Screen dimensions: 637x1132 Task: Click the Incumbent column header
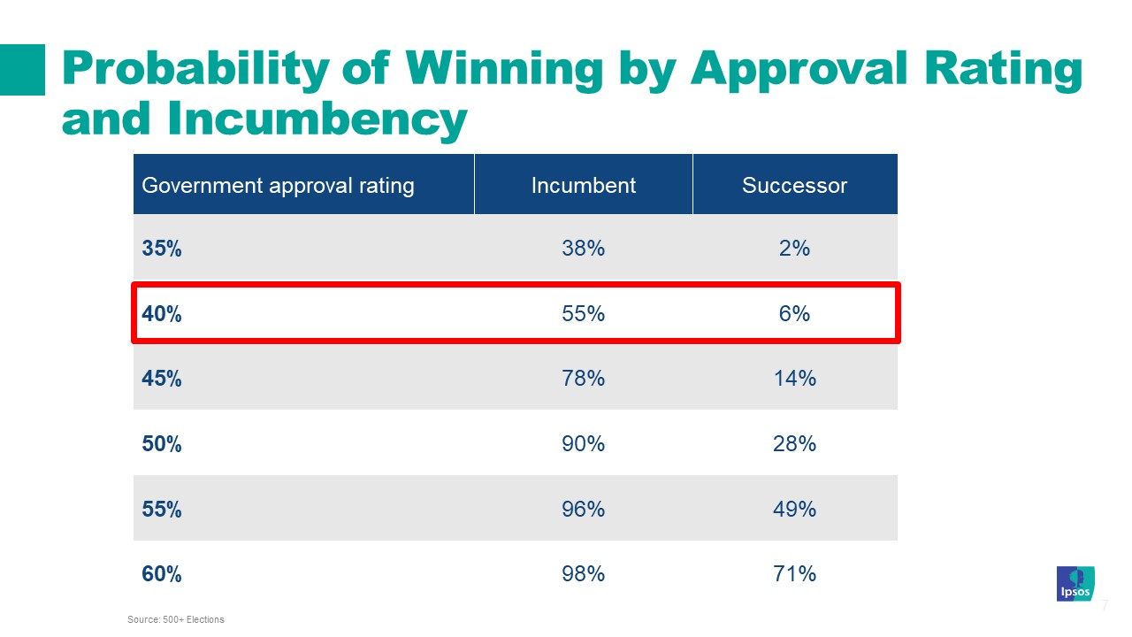583,185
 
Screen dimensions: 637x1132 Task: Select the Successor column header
794,185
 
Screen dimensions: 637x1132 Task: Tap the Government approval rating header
278,185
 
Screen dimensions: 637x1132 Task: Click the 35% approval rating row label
162,249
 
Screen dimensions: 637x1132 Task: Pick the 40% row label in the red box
162,313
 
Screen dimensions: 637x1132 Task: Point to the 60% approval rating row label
162,574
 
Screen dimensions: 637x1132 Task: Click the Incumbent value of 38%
583,249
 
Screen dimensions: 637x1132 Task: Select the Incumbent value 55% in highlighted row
583,313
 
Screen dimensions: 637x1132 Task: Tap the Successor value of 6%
794,313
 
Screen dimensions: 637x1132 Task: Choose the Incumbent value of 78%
583,379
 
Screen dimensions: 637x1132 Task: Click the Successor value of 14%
794,379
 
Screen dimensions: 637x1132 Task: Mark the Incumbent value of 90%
583,443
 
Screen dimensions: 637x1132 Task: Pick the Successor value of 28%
794,443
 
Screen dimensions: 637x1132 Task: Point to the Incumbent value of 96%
583,509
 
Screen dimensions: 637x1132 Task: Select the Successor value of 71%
794,574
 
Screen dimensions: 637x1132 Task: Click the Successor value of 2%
794,249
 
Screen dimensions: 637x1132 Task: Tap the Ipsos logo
1075,584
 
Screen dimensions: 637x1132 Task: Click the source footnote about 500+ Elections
176,619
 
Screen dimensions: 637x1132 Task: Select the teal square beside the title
22,69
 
